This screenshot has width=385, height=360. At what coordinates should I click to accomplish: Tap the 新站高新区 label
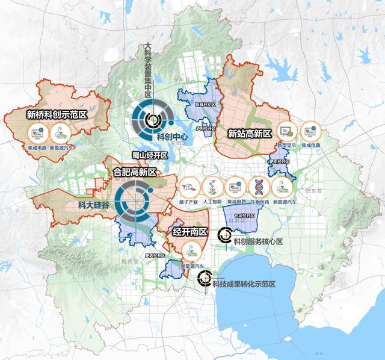(x=249, y=132)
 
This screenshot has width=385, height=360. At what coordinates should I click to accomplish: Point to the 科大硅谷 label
(x=94, y=205)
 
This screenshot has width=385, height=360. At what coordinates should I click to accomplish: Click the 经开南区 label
(x=189, y=232)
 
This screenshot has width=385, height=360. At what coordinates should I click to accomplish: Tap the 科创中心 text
(x=173, y=137)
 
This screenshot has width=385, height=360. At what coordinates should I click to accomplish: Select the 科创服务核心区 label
(x=257, y=242)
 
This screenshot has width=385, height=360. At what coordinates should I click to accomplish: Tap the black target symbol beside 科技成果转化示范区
(x=205, y=278)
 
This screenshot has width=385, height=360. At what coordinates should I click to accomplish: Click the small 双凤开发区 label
(x=196, y=104)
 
